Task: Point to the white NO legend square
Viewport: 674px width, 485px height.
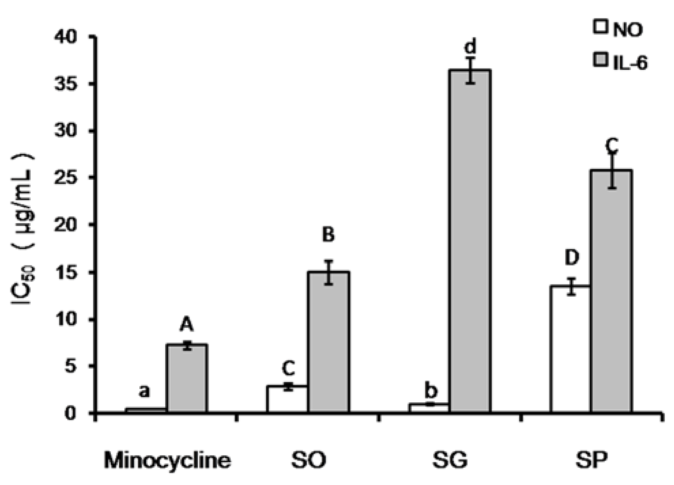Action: (601, 27)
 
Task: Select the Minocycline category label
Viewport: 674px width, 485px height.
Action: (167, 461)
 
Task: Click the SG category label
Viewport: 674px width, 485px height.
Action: (450, 461)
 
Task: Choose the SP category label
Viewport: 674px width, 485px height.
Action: (591, 461)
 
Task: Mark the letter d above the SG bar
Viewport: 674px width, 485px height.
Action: (470, 47)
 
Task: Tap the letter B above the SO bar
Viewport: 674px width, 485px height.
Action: (328, 235)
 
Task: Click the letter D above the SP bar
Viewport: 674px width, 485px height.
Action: (572, 258)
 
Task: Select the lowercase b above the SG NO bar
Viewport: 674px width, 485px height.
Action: (431, 391)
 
